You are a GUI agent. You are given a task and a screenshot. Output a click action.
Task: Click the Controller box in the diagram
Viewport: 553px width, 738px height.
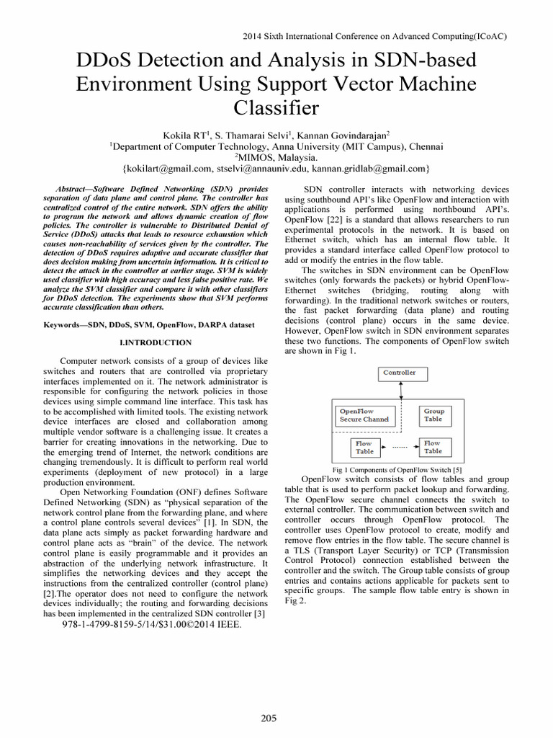[x=399, y=373]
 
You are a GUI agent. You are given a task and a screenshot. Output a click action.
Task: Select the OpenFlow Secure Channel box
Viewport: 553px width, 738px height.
[x=364, y=415]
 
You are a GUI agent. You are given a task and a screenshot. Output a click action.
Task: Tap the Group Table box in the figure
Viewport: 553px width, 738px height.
[x=433, y=415]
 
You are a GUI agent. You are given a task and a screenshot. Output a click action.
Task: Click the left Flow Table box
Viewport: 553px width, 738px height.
[x=364, y=448]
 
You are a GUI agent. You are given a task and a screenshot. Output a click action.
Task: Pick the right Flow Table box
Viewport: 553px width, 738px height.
[x=433, y=448]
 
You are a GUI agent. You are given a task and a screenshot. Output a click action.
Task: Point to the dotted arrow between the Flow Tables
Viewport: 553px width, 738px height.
[x=400, y=448]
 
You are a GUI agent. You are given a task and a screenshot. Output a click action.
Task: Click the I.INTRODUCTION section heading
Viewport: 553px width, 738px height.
[x=156, y=342]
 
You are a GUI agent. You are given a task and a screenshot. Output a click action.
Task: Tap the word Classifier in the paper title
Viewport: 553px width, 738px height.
[x=276, y=109]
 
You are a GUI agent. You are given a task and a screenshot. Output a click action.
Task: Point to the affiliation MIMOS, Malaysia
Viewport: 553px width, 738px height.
[x=277, y=156]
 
